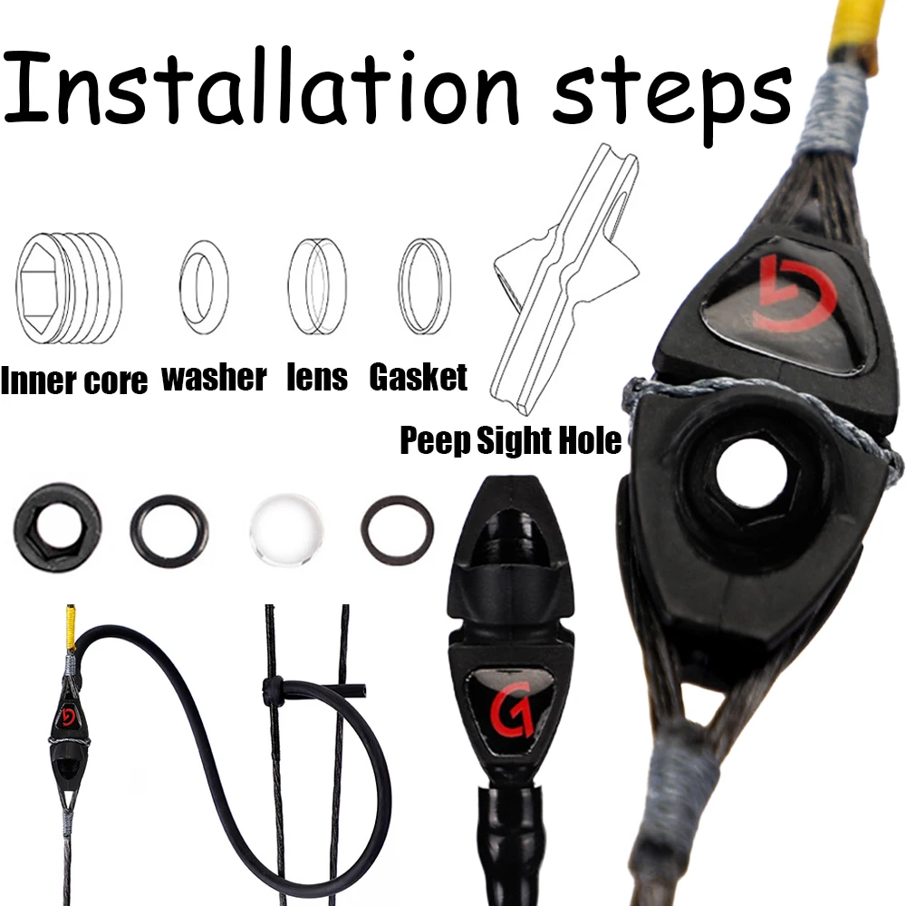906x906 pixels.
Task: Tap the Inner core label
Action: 74,381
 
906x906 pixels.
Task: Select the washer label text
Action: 214,378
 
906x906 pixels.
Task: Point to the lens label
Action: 317,377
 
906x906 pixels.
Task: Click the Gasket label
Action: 418,377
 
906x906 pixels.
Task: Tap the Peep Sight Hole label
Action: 511,440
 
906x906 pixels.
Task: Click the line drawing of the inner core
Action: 69,288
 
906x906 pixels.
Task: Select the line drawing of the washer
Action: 204,287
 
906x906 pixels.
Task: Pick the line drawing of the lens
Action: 317,286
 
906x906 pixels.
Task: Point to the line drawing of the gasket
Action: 424,286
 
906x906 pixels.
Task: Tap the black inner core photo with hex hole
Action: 56,527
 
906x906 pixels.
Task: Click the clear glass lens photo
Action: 286,529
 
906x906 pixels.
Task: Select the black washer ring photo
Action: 169,530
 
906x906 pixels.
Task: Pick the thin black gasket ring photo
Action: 398,530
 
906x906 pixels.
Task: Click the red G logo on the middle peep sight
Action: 511,710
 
